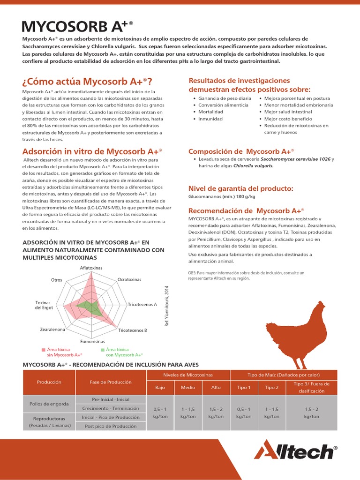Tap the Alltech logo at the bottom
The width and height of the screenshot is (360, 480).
(x=295, y=451)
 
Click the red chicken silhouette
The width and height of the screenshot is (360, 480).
(x=295, y=333)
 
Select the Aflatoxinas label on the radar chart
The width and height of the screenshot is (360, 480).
(x=91, y=268)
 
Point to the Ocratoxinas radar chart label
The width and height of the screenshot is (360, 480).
(x=129, y=280)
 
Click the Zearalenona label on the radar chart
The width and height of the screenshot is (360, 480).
(x=52, y=330)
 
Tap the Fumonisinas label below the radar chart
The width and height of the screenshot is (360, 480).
(x=92, y=342)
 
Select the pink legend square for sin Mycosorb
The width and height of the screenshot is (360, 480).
(x=44, y=350)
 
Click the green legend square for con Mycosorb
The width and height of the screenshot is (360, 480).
(x=103, y=350)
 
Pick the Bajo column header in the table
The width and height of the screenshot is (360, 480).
(x=160, y=388)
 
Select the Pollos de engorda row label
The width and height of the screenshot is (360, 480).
(x=49, y=404)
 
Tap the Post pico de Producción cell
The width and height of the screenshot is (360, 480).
(x=111, y=426)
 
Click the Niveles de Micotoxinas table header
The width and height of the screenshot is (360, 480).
(x=188, y=375)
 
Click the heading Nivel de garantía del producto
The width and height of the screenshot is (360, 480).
(x=241, y=188)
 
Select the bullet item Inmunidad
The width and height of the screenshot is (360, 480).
(x=210, y=119)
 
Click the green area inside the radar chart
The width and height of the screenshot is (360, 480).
(x=89, y=308)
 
